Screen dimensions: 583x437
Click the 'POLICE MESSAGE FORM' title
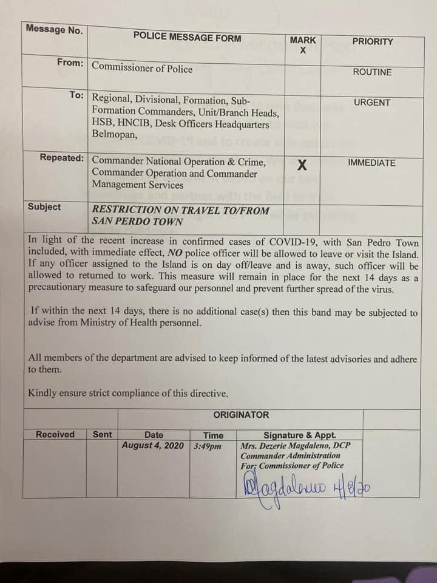pyautogui.click(x=187, y=38)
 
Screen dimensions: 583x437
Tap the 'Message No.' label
pyautogui.click(x=55, y=29)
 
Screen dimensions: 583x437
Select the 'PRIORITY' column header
pyautogui.click(x=372, y=42)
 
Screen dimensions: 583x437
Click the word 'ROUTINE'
pyautogui.click(x=372, y=72)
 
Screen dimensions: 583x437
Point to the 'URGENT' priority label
pyautogui.click(x=372, y=103)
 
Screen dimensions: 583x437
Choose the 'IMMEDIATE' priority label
pyautogui.click(x=371, y=163)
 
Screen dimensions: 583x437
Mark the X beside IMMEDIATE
pyautogui.click(x=302, y=165)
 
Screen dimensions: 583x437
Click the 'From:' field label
pyautogui.click(x=70, y=63)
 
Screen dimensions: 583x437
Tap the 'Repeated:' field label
pyautogui.click(x=61, y=158)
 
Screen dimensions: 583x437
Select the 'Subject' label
pyautogui.click(x=44, y=207)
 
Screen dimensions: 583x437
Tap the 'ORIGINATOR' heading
pyautogui.click(x=240, y=415)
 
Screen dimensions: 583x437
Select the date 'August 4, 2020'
pyautogui.click(x=153, y=445)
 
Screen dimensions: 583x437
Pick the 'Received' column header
pyautogui.click(x=55, y=434)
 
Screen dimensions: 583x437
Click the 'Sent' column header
pyautogui.click(x=102, y=434)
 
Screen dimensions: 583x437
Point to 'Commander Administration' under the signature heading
pyautogui.click(x=290, y=455)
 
